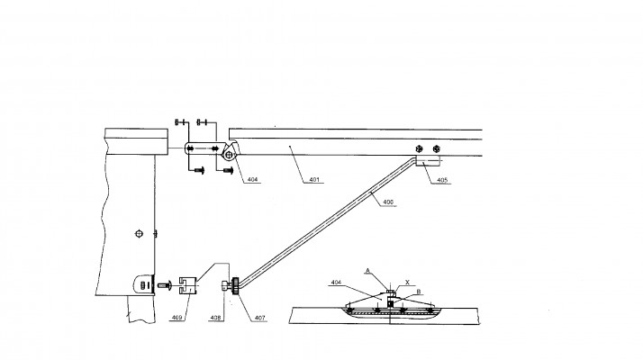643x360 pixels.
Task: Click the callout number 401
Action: [x=314, y=180]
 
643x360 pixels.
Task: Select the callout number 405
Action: [x=442, y=180]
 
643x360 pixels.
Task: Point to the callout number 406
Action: [x=388, y=202]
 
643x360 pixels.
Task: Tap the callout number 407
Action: [x=259, y=318]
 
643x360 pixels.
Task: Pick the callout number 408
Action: [x=216, y=318]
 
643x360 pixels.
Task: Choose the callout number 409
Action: [x=177, y=318]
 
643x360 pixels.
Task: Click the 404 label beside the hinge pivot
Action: [x=252, y=180]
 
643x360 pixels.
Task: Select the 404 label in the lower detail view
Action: [x=336, y=282]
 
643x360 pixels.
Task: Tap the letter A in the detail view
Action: [x=367, y=271]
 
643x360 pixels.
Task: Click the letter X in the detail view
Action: [x=407, y=282]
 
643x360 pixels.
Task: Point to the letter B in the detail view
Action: [x=419, y=292]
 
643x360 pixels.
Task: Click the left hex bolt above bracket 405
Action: [x=419, y=148]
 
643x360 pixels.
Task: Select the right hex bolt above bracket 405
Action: [x=436, y=148]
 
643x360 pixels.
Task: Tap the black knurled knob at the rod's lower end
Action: [x=235, y=286]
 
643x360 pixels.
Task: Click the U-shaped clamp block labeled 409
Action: [x=188, y=285]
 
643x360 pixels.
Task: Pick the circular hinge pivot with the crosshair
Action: [x=229, y=155]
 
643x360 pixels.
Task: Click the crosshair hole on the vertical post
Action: [x=139, y=234]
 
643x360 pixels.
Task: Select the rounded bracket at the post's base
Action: [x=144, y=283]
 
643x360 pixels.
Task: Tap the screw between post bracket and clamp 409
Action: [x=164, y=284]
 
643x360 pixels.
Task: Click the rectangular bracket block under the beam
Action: [x=428, y=160]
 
